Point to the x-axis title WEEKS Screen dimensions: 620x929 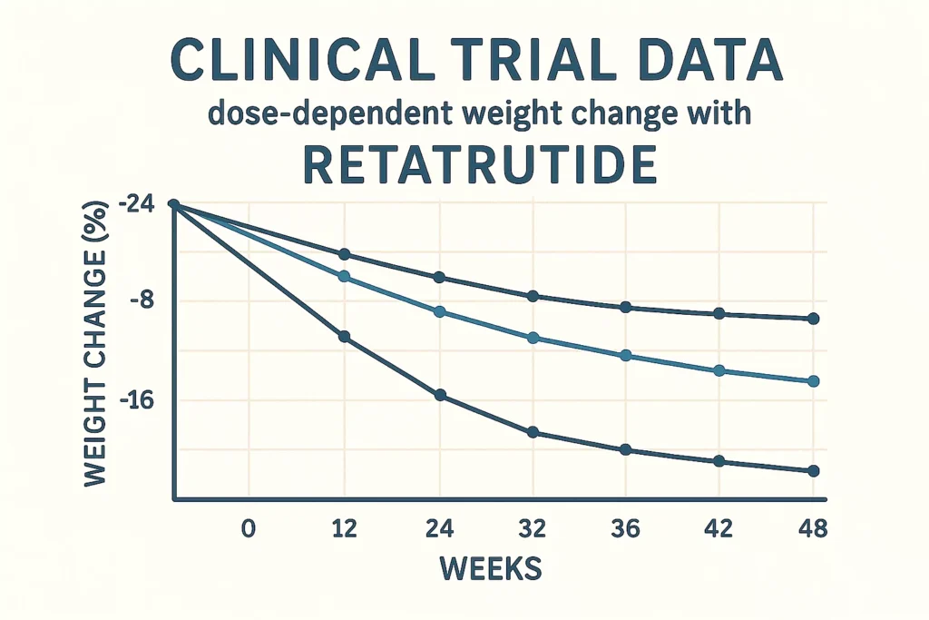pos(490,568)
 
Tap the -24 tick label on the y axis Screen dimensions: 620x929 pos(136,206)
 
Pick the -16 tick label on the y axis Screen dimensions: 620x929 pos(136,400)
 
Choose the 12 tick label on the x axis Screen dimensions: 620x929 pos(344,529)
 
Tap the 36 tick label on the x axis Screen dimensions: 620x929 pos(624,529)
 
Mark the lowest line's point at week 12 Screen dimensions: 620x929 pos(344,337)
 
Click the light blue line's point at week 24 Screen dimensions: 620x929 pos(440,311)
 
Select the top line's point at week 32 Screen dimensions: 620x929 pos(533,296)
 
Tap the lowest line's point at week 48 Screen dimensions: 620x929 pos(813,470)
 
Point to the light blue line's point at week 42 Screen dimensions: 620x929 pos(719,370)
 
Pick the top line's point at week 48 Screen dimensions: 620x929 pos(813,319)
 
